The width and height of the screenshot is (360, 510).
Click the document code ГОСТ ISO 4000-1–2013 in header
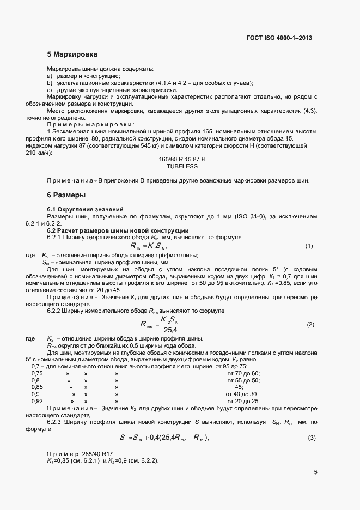tap(279, 38)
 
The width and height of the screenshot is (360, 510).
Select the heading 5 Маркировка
tap(72, 55)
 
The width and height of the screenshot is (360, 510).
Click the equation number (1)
tap(309, 246)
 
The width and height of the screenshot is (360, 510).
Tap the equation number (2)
tap(310, 325)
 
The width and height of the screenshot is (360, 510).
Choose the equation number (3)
tap(312, 438)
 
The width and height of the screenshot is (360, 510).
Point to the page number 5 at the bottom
tap(315, 472)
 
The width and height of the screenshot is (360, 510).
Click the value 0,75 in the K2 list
tap(37, 373)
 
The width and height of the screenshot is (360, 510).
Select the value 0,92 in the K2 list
tap(37, 401)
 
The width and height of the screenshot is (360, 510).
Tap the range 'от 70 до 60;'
tap(242, 373)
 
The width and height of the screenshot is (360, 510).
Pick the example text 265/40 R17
tap(97, 454)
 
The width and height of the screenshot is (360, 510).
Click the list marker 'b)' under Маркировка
tap(50, 83)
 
